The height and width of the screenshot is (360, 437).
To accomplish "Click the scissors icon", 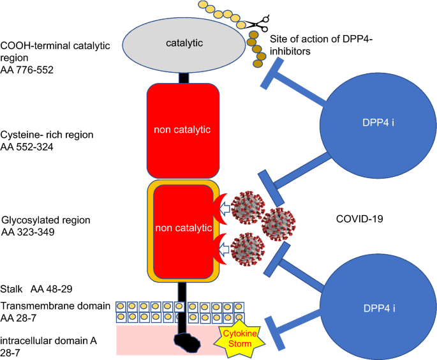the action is click(x=258, y=23).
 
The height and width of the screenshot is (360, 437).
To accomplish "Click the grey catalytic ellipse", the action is click(x=184, y=45).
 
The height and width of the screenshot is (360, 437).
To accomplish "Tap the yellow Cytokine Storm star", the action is click(x=239, y=338).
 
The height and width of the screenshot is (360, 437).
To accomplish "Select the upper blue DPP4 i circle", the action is click(x=378, y=126).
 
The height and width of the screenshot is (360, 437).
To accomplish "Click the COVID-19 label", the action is click(x=360, y=219).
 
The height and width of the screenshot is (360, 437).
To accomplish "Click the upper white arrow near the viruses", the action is click(x=225, y=208).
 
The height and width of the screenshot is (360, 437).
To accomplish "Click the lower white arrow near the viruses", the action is click(x=225, y=249).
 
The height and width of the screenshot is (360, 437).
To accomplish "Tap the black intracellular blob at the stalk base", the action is click(x=187, y=342).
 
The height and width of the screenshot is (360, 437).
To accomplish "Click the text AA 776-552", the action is click(x=27, y=70).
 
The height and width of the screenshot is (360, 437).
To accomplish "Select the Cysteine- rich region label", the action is click(x=47, y=135).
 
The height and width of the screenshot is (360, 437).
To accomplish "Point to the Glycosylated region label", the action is click(x=46, y=220).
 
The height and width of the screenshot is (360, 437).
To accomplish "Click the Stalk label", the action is click(x=11, y=289).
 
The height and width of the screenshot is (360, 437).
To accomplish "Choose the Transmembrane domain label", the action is click(x=55, y=306).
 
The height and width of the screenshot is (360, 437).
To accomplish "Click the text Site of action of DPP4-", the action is click(x=322, y=39).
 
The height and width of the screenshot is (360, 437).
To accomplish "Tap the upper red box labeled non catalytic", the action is click(x=183, y=131).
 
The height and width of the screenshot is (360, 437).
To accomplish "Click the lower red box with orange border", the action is click(x=183, y=232).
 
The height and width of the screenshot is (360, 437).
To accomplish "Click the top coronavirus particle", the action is click(x=248, y=207).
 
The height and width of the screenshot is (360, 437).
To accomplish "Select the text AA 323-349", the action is click(x=28, y=232).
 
